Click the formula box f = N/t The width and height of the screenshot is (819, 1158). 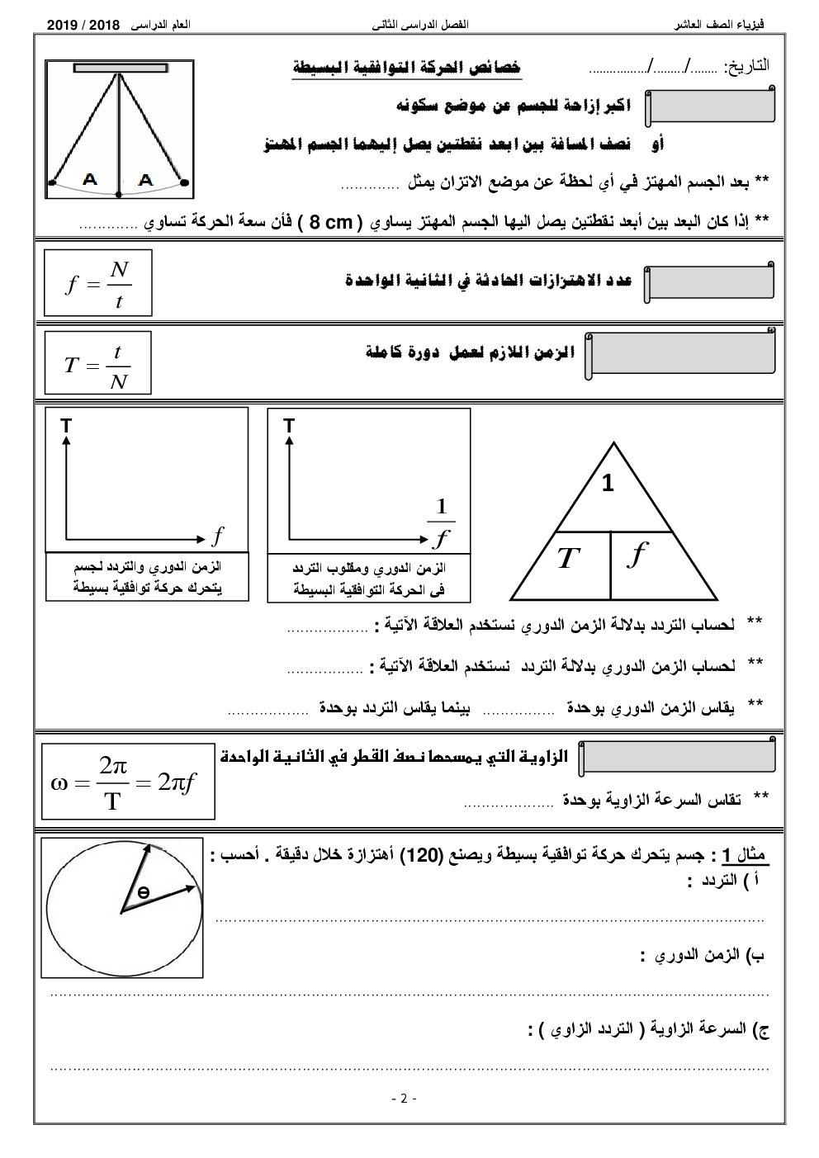coord(98,283)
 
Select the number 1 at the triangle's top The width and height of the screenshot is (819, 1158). coord(608,484)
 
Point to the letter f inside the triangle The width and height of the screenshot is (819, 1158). coord(637,555)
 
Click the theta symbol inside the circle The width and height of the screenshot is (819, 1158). coord(143,892)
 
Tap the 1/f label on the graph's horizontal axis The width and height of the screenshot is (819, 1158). coord(441,522)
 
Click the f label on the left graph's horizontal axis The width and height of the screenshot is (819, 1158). coord(217,536)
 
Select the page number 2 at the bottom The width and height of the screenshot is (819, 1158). coord(404,1099)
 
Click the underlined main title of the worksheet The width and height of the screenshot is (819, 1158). coord(408,69)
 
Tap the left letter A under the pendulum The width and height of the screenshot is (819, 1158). coord(89,179)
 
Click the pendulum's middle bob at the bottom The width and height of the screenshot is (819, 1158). coord(119,195)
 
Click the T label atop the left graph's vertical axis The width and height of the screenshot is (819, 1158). coord(65,425)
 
